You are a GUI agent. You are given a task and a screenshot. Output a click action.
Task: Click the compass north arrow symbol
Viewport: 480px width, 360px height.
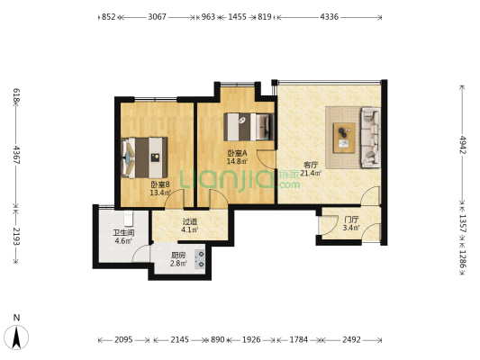point(16,337)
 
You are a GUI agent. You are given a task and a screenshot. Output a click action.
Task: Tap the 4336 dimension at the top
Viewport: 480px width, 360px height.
point(330,17)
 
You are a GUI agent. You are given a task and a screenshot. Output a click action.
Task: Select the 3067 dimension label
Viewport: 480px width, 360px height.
point(157,17)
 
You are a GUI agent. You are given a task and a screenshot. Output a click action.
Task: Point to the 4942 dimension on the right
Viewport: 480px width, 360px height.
point(462,144)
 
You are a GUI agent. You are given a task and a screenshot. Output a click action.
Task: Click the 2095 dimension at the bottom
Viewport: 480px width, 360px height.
point(123,339)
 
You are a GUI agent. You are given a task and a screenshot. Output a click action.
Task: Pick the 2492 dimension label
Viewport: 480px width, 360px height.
point(351,339)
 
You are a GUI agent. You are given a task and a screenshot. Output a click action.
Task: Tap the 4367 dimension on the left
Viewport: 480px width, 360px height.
point(16,155)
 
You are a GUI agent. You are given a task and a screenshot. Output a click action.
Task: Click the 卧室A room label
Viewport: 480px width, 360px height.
point(237,153)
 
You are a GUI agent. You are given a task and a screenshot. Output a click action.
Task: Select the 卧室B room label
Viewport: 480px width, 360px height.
point(160,184)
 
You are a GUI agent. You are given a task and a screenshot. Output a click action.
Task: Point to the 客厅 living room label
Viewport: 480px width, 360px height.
point(311,166)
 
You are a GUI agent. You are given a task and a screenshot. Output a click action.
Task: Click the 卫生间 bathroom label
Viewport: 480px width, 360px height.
point(123,233)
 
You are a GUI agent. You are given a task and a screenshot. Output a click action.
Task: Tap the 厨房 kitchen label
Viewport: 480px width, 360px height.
point(178,255)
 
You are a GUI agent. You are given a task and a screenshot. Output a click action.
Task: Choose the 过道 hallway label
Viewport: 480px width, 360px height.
point(190,221)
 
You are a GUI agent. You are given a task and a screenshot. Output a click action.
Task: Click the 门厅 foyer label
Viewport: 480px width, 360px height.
point(351,220)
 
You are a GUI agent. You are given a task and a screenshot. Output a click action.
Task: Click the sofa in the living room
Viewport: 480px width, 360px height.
point(371,138)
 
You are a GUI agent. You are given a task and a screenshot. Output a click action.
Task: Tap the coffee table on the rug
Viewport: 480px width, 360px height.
point(344,138)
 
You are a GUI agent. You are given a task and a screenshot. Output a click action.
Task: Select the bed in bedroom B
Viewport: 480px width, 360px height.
point(144,157)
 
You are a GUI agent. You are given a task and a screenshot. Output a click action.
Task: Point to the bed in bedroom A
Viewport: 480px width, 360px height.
point(249,127)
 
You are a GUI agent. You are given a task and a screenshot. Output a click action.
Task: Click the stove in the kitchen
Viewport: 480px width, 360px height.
point(200,259)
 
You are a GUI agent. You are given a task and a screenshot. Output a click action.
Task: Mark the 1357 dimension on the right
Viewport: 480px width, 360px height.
point(462,223)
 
